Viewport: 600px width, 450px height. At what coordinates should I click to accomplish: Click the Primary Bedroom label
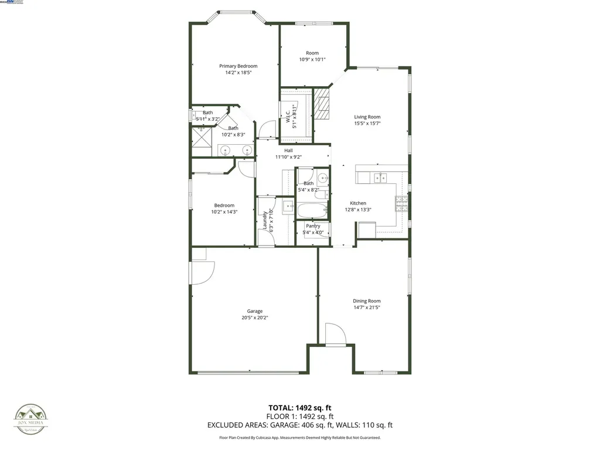238,66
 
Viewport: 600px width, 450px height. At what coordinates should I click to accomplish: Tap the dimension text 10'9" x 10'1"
312,59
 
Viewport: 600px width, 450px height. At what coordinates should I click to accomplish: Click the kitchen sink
381,178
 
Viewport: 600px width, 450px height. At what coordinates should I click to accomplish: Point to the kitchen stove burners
402,203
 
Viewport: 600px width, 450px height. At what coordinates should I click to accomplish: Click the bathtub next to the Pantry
311,210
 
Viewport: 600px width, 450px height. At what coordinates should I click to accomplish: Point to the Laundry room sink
288,206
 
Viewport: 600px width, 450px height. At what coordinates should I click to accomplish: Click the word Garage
254,311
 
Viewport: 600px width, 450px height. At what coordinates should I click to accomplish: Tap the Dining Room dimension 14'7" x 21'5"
367,308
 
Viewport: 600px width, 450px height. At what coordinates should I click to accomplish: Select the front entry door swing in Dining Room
335,334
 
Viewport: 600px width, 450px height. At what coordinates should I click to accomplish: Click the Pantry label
313,226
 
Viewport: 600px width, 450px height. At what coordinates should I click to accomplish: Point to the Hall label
288,151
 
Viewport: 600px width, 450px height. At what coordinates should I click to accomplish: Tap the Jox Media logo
31,419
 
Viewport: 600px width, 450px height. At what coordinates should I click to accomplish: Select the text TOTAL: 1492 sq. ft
299,408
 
